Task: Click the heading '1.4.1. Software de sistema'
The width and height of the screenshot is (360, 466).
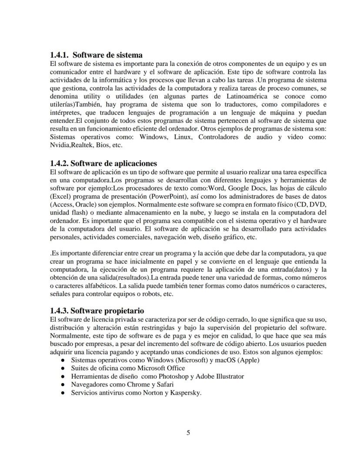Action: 96,55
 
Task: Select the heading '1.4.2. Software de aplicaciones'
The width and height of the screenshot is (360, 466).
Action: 103,163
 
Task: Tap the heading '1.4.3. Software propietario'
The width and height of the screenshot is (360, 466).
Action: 97,311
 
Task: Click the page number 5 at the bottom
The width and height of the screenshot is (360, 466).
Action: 188,432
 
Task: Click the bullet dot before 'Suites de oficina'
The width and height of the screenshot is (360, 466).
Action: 63,369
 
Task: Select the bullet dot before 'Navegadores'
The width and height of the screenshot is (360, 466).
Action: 63,385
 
